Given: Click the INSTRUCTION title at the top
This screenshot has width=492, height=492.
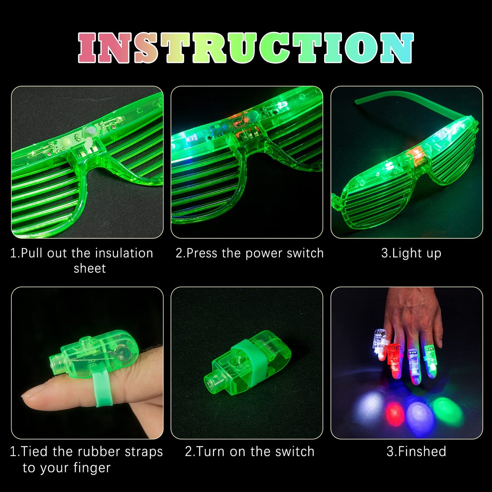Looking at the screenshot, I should (246, 48).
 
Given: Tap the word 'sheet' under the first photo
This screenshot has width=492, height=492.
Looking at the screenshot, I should (90, 269).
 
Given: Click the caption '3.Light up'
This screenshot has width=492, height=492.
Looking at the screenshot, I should (411, 253).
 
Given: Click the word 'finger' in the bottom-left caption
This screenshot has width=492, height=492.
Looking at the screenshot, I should (92, 468).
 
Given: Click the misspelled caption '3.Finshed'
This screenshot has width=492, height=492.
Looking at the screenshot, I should (416, 452).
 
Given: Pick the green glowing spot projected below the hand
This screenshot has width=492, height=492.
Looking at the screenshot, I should (446, 410).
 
